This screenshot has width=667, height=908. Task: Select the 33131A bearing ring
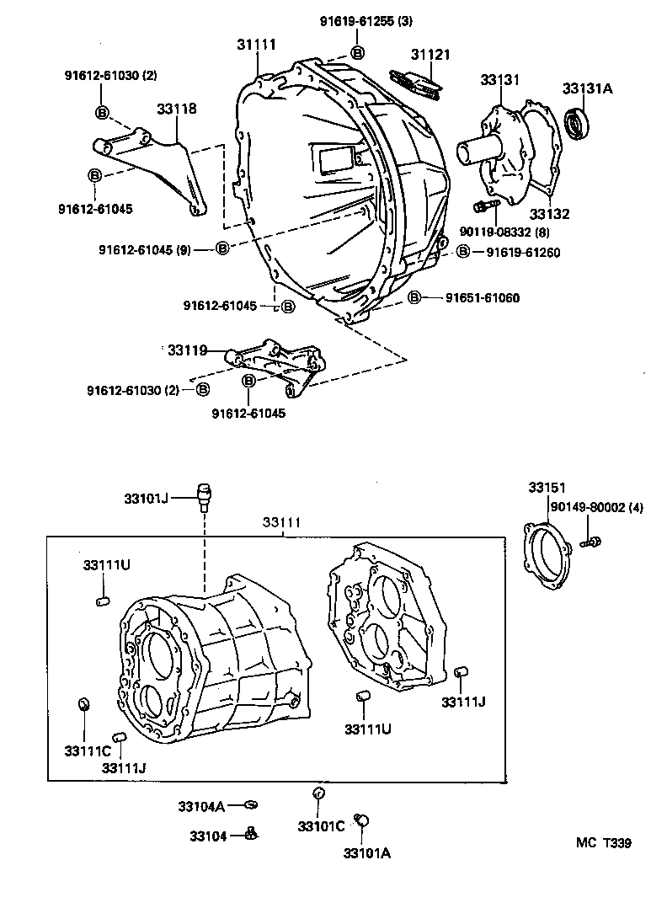pos(577,124)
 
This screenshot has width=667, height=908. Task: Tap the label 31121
pos(430,55)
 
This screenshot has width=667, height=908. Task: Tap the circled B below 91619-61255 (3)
pos(357,53)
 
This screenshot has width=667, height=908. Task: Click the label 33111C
pos(88,750)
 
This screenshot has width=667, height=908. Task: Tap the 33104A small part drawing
pos(249,804)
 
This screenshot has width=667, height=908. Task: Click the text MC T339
pos(603,843)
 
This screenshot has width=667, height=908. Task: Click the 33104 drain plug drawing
pos(251,835)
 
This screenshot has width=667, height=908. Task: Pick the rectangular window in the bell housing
pos(333,157)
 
